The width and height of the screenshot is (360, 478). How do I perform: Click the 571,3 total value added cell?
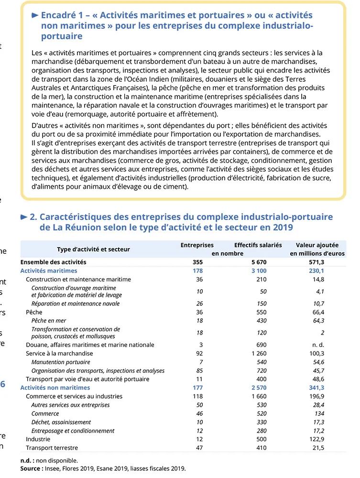coord(316,262)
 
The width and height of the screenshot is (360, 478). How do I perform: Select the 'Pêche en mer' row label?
coord(49,321)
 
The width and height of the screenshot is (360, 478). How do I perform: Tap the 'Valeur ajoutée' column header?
coord(317,245)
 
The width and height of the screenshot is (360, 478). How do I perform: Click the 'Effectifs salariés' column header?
coord(258,245)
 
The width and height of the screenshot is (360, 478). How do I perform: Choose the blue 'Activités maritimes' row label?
coord(48,271)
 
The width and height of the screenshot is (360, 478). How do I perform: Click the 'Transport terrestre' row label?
coord(52,448)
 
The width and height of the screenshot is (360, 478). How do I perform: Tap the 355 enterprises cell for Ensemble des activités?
coord(197,262)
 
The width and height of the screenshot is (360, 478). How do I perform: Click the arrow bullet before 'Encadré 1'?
coord(34,15)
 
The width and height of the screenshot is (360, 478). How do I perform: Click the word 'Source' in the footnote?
coord(31,469)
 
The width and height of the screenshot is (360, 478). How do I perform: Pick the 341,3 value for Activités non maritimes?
coord(316,388)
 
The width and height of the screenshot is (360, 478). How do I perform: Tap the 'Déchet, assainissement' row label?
coord(61,422)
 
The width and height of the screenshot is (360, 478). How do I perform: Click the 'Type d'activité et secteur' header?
coord(93,249)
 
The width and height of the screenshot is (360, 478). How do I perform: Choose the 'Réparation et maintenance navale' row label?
coord(76,304)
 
